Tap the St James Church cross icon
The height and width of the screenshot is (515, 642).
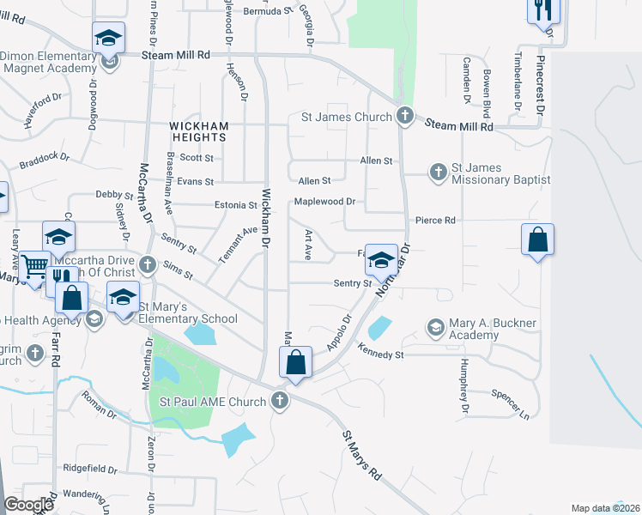pyautogui.click(x=405, y=116)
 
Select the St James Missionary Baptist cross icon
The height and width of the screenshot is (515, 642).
pyautogui.click(x=438, y=172)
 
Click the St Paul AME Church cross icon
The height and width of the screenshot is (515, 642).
pyautogui.click(x=279, y=401)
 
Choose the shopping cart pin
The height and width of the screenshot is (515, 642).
pyautogui.click(x=35, y=267)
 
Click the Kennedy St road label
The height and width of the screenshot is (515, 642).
pyautogui.click(x=381, y=353)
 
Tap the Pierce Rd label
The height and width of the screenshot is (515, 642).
pyautogui.click(x=435, y=221)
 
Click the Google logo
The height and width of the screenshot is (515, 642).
pyautogui.click(x=29, y=504)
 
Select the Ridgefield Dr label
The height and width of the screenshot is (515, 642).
pyautogui.click(x=90, y=469)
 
